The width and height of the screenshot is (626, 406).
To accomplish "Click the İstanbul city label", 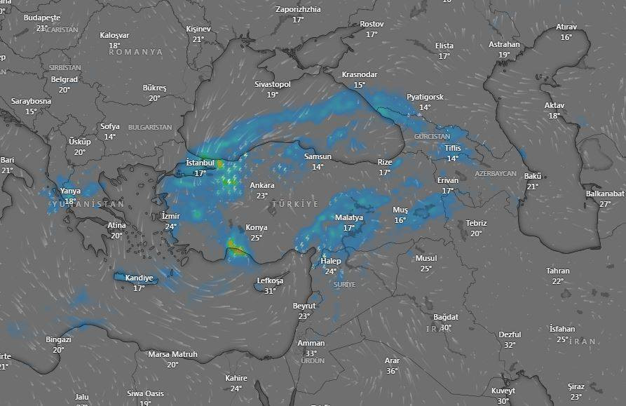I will [200, 163].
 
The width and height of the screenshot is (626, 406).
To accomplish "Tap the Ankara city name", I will [262, 185].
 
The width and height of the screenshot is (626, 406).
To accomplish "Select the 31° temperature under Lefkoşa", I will [270, 291].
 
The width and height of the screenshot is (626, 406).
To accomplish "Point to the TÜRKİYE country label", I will [295, 204].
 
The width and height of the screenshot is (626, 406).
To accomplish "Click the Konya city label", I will [256, 227].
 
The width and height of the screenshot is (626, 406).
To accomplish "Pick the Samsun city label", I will [318, 156].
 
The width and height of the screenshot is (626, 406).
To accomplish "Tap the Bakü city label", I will [533, 176].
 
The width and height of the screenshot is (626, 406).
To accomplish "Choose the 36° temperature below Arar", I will [392, 371].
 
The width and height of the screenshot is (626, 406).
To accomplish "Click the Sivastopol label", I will [272, 84].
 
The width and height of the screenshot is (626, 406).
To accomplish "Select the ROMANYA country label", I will [135, 52].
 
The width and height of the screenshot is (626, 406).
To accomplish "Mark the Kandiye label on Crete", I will [139, 278].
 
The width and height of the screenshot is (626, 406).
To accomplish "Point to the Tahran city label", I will [558, 271].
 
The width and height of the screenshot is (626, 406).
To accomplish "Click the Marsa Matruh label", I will [172, 354].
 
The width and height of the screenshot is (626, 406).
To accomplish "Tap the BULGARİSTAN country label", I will [150, 127].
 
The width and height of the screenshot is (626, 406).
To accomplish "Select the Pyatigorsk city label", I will [425, 97].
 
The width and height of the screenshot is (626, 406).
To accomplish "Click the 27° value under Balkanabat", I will [605, 204].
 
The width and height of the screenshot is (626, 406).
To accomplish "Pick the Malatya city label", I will [349, 217].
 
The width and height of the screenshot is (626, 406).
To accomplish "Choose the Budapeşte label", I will [42, 17].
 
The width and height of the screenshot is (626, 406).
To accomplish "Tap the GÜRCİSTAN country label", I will [432, 136].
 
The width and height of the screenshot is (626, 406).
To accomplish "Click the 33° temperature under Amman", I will [311, 353].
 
